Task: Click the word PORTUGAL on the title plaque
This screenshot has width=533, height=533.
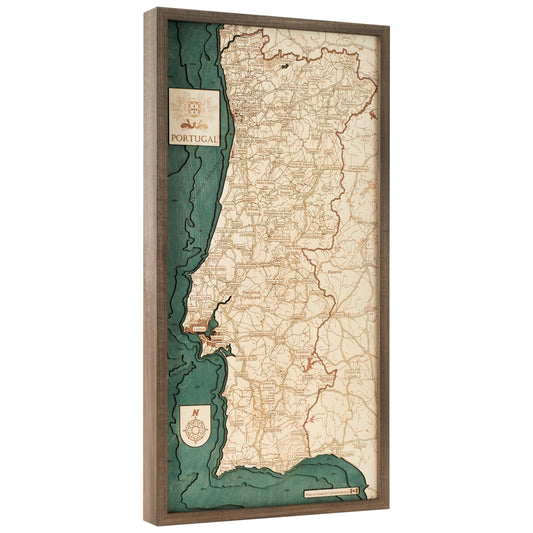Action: [x=194, y=136]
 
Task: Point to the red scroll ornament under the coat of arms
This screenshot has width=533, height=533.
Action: [x=194, y=121]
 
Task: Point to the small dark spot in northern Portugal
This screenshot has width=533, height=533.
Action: [x=285, y=66]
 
